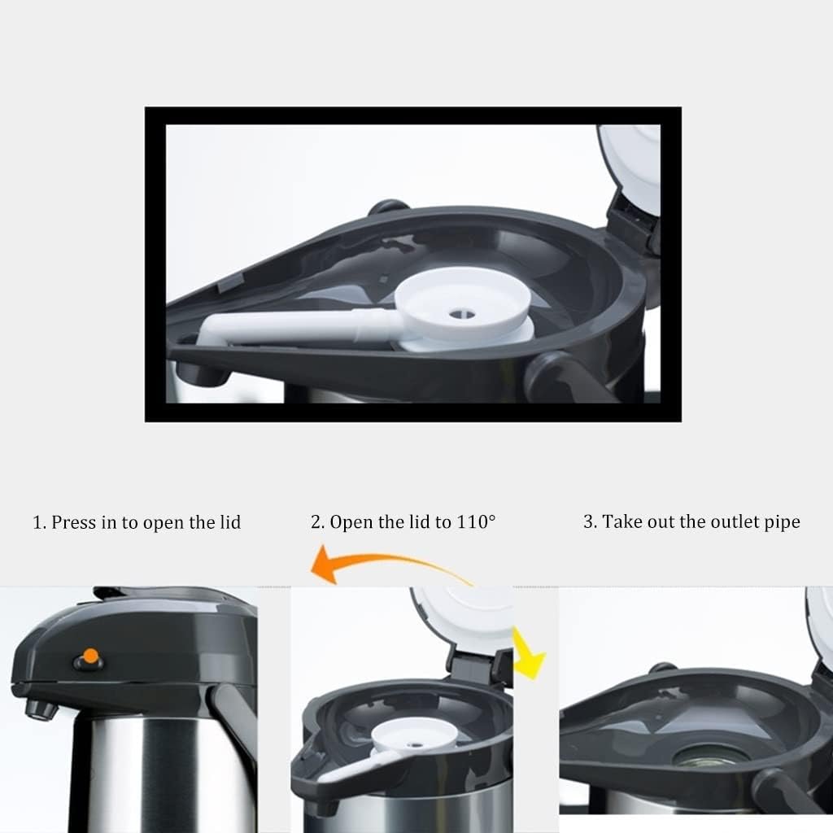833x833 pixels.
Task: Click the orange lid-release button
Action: [x=91, y=656]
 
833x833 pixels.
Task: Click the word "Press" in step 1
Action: [x=73, y=522]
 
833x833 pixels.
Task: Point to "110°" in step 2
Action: [x=476, y=521]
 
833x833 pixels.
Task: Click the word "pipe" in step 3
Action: [x=782, y=523]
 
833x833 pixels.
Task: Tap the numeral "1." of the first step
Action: [x=40, y=522]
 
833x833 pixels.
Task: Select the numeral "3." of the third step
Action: [x=591, y=521]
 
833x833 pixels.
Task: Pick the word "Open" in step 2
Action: [x=351, y=523]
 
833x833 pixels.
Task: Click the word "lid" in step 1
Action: [x=230, y=522]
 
